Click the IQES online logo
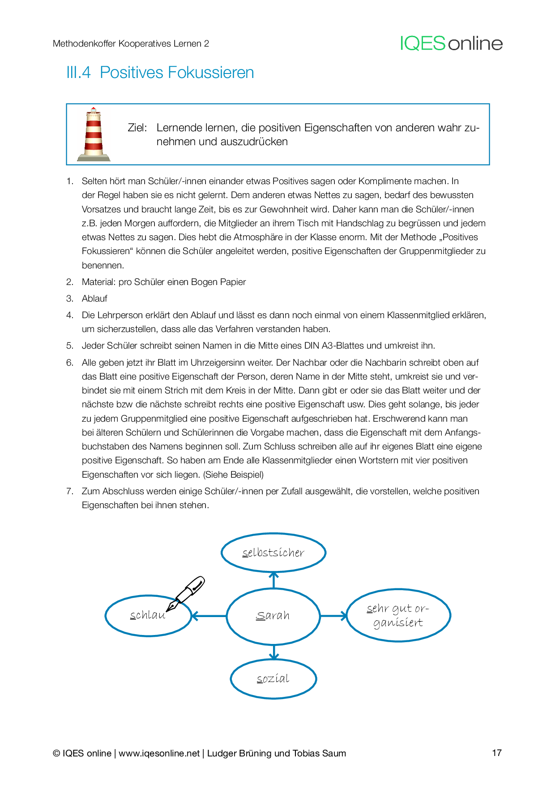[451, 43]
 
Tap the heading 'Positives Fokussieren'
[176, 73]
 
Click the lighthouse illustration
[94, 134]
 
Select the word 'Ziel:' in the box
[137, 128]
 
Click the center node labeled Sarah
[273, 616]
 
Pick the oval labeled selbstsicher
[273, 553]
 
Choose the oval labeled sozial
[273, 679]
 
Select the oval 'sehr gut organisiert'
[398, 615]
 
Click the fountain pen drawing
[187, 593]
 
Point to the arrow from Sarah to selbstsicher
[274, 580]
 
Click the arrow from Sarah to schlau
[209, 616]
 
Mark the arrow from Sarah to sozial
[274, 652]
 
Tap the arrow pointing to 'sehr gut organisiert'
[333, 616]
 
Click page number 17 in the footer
[496, 753]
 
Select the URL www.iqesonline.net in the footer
[159, 753]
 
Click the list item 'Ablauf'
[94, 298]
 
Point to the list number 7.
[69, 491]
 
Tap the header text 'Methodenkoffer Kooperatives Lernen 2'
[131, 43]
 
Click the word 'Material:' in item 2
[99, 282]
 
